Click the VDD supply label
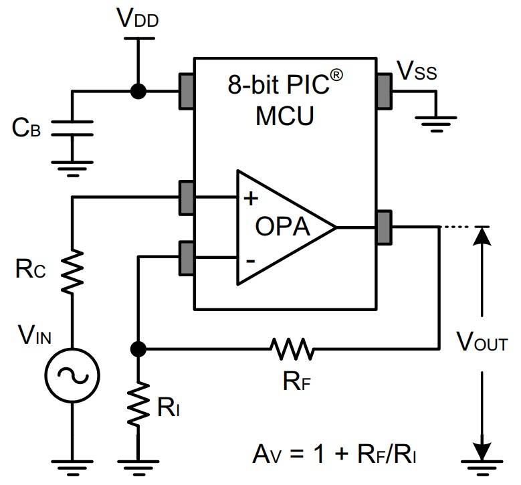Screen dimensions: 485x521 137,18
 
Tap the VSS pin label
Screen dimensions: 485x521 417,71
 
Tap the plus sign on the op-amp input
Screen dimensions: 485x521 251,199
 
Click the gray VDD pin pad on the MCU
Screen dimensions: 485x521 187,91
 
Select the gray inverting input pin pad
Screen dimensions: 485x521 187,258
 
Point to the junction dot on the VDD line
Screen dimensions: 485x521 138,92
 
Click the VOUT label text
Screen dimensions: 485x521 482,344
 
